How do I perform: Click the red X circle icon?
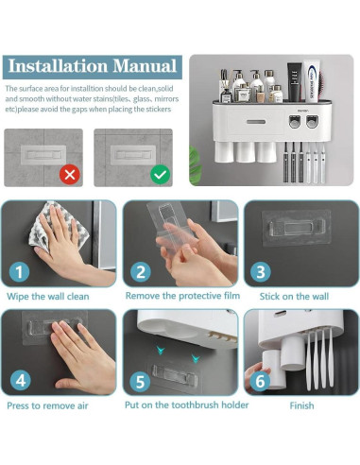point(70,174)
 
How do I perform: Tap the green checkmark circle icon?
point(160,174)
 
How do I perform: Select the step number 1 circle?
point(19,272)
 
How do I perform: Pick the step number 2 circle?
point(141,272)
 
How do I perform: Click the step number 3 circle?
point(261,272)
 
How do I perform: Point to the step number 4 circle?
point(21,381)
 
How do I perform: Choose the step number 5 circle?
point(140,382)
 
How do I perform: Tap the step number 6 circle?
point(260,382)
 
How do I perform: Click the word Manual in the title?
point(145,66)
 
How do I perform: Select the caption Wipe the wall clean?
point(48,297)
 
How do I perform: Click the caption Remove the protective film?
point(182,296)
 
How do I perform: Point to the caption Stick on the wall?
point(294,297)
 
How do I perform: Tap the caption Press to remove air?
point(47,405)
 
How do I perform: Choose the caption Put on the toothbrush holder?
point(187,405)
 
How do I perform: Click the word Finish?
point(301,405)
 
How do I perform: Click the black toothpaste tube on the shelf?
point(295,82)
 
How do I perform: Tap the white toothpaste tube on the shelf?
point(312,81)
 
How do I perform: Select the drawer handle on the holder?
point(256,122)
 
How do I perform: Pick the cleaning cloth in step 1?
point(59,226)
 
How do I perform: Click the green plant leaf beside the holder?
point(195,165)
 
